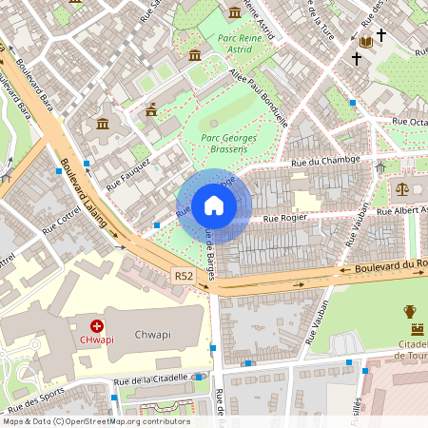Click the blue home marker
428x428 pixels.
click(214, 205)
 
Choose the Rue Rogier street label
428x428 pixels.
click(283, 218)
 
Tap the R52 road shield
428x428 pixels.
click(185, 275)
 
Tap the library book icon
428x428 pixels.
click(365, 42)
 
